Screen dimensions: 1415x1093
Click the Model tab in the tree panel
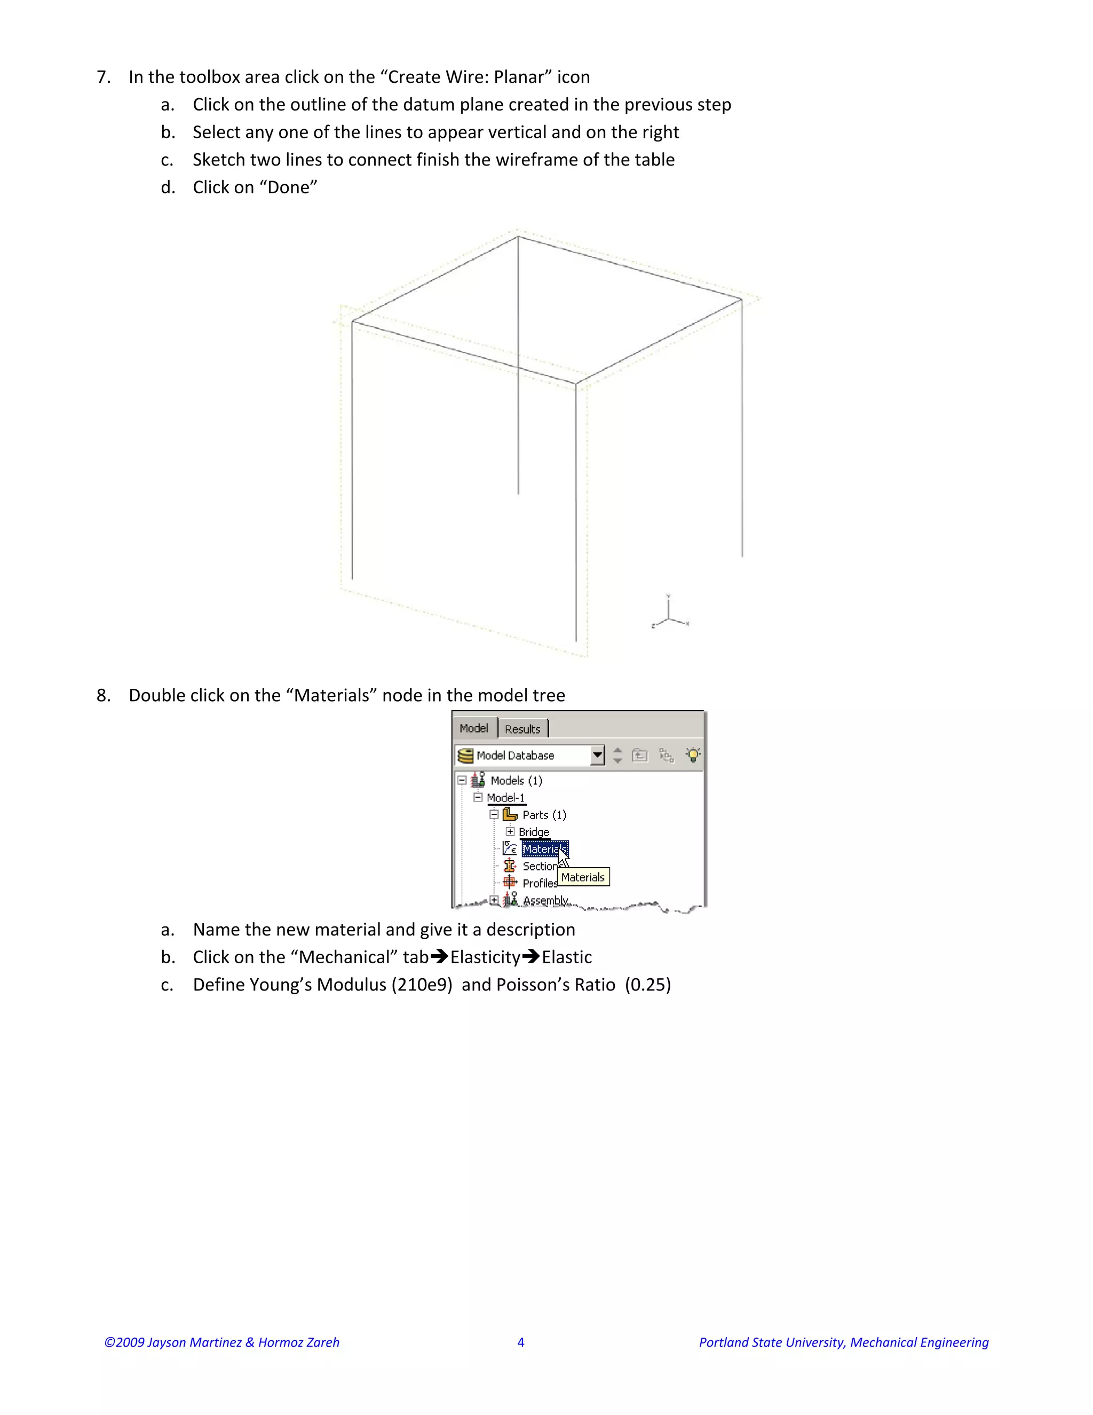(x=473, y=728)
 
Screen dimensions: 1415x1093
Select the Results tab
(x=522, y=729)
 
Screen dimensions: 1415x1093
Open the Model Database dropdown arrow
(x=597, y=755)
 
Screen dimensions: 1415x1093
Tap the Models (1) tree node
(x=516, y=780)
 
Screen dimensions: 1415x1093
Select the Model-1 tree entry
(x=506, y=798)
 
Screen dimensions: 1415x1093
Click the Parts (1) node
(x=544, y=814)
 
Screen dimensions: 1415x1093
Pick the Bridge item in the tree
(x=534, y=832)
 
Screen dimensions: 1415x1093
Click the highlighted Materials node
(x=544, y=849)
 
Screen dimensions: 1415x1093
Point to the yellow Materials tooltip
(x=583, y=877)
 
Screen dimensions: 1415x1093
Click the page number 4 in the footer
(x=520, y=1342)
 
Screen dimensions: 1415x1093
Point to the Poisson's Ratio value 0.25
(x=647, y=985)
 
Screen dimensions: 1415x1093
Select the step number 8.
(x=102, y=695)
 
